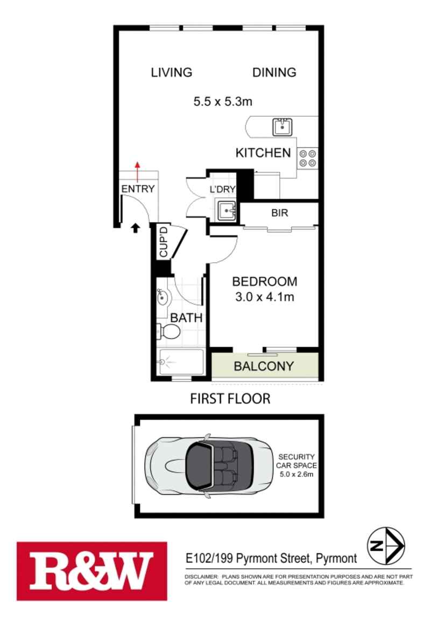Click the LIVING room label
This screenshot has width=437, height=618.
(171, 73)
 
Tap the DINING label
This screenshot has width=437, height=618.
(274, 73)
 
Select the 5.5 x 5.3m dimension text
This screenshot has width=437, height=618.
(223, 100)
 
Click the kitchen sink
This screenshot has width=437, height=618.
(283, 127)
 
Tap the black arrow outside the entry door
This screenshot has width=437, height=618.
(135, 228)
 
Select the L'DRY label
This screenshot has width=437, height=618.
(223, 189)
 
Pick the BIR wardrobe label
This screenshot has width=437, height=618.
(280, 213)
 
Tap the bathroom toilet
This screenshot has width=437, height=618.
(168, 332)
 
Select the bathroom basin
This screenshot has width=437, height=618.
(162, 296)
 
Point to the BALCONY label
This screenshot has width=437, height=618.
(264, 367)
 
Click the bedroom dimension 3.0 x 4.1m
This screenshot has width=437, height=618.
(264, 296)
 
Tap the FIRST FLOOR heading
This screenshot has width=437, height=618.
(230, 399)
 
